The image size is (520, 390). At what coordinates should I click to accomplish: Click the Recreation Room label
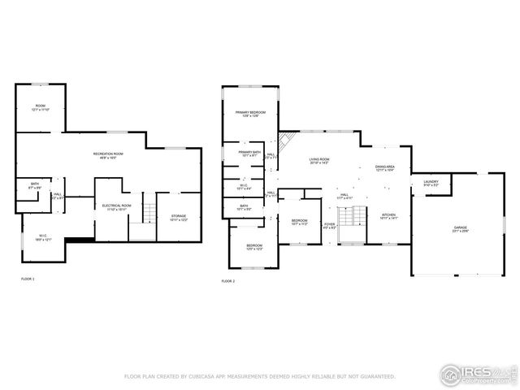106,155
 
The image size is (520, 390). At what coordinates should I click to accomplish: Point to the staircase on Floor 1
147,214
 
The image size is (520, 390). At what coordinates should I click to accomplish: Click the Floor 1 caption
28,279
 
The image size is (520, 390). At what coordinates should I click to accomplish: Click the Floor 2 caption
228,281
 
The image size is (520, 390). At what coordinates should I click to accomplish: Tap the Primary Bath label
249,154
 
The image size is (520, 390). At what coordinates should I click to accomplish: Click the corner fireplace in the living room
285,141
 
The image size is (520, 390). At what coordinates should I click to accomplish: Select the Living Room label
318,161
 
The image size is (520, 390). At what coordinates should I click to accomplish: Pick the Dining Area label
385,168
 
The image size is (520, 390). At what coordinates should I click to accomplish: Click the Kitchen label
388,216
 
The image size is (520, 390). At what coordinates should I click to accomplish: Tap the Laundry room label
431,184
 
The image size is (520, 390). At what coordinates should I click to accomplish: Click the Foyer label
330,225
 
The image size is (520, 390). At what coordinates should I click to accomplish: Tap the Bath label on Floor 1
35,185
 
